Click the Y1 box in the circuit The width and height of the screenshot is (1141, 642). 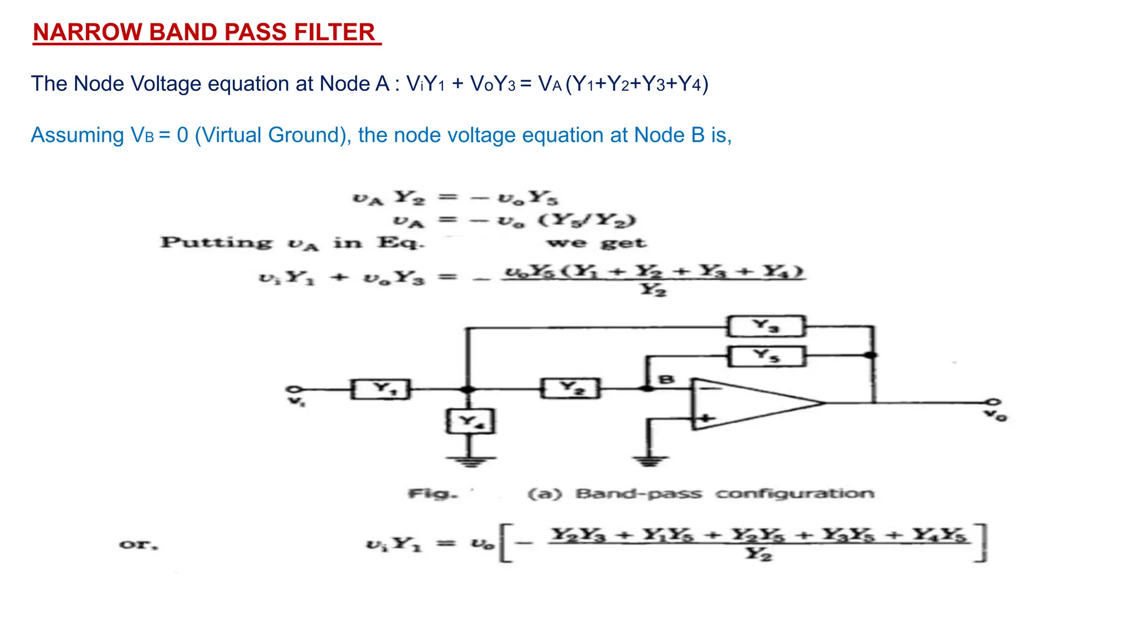click(x=381, y=389)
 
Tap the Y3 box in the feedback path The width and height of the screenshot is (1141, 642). click(x=766, y=326)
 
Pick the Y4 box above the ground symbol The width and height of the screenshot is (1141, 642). click(x=470, y=422)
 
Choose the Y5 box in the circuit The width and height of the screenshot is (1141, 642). click(x=767, y=356)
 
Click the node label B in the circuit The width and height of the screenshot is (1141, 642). click(x=666, y=380)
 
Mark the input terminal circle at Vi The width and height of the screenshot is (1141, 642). click(x=294, y=389)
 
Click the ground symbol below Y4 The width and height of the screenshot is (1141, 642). click(x=470, y=460)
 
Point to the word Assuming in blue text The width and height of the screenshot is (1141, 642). click(x=77, y=135)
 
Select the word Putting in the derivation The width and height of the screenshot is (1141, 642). click(x=217, y=242)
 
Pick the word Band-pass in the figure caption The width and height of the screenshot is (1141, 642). click(x=638, y=494)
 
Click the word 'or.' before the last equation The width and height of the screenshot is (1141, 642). click(x=139, y=544)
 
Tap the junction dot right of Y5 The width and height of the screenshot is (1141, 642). click(x=872, y=355)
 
